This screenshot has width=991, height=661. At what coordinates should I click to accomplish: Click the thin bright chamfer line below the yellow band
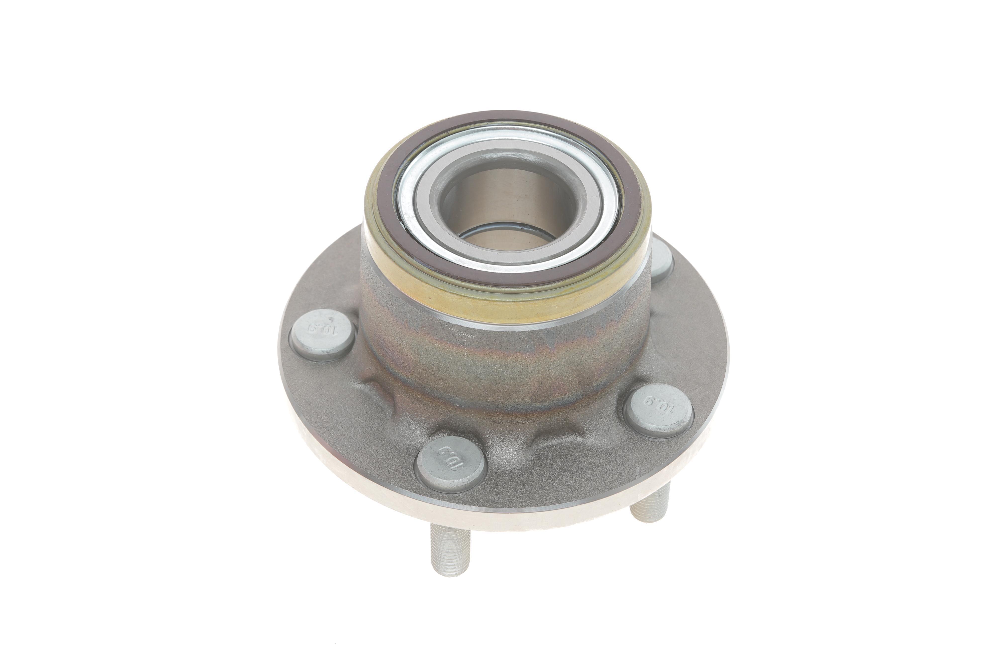tap(506, 323)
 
